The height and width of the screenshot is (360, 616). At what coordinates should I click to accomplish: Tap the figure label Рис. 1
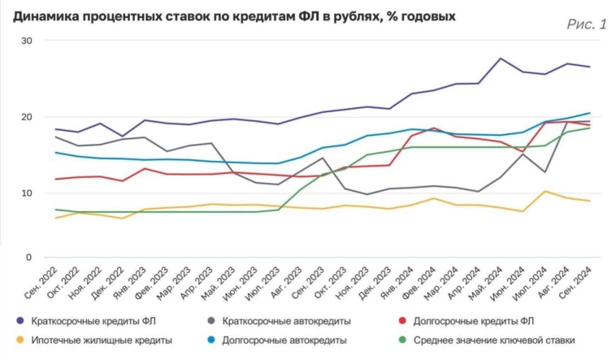pos(586,24)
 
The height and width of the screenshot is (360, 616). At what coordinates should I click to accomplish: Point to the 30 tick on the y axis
pos(27,41)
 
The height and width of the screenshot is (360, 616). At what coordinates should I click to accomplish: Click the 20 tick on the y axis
pos(27,117)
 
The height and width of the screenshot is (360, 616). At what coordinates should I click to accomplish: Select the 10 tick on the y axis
pos(27,193)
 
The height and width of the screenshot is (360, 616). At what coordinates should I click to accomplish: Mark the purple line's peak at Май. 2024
pos(501,59)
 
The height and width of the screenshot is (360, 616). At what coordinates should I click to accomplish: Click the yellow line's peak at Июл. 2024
pos(544,192)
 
